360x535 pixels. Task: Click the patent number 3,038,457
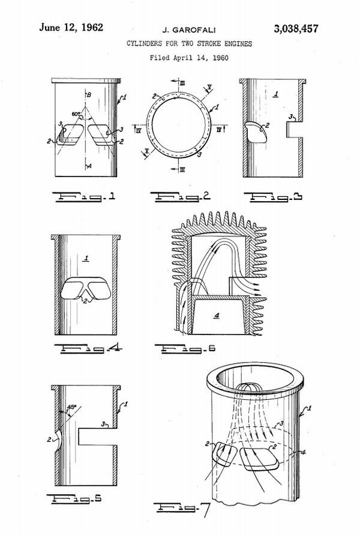(x=296, y=28)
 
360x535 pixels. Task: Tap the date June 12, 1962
(x=71, y=27)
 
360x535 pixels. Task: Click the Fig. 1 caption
(x=84, y=196)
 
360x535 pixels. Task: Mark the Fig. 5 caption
(x=84, y=498)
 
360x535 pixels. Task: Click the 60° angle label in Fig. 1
(x=76, y=113)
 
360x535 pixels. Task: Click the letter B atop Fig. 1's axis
(x=89, y=95)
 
